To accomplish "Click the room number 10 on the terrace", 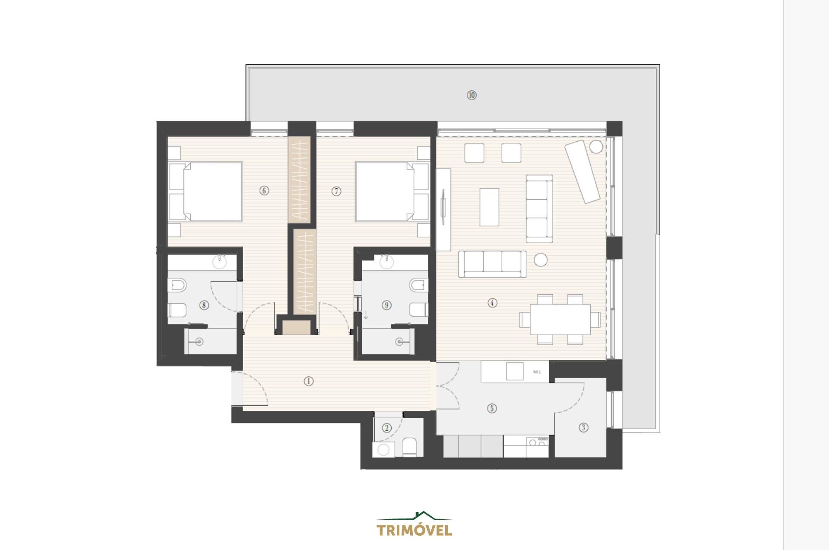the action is point(471,95).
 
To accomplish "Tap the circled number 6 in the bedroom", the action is point(264,191).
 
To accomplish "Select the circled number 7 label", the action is point(337,191).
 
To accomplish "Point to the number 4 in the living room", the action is point(492,303).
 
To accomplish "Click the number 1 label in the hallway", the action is point(308,381).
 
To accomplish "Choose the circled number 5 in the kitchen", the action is point(491,408).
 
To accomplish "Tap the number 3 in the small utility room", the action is point(583,427).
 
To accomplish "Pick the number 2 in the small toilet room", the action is point(387,428).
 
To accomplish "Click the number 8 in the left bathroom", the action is point(204,305).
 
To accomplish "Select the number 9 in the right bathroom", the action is point(387,305).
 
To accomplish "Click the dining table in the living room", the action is point(560,319).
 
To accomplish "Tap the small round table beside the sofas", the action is point(541,260).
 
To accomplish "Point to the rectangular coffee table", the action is point(489,207).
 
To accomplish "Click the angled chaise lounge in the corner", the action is point(583,172).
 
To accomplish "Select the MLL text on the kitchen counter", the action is point(537,372).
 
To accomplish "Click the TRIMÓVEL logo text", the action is point(414,530).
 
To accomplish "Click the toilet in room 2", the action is point(408,448).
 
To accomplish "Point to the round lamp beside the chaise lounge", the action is point(596,146).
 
